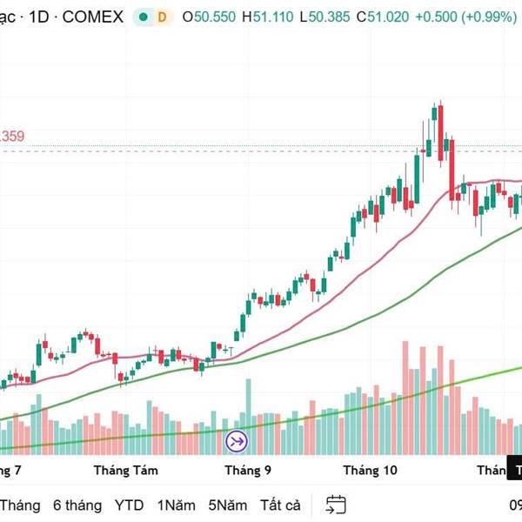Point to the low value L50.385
[336, 17]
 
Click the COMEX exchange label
[91, 17]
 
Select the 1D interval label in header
[40, 17]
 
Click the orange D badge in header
[161, 17]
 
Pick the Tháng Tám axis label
[125, 471]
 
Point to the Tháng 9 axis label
[248, 471]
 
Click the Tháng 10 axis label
[369, 471]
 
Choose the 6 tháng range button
[77, 505]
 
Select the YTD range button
[130, 505]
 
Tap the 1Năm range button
[176, 505]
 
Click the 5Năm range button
[228, 505]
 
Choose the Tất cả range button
[280, 505]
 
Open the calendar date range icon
[336, 505]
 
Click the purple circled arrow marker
[237, 441]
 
